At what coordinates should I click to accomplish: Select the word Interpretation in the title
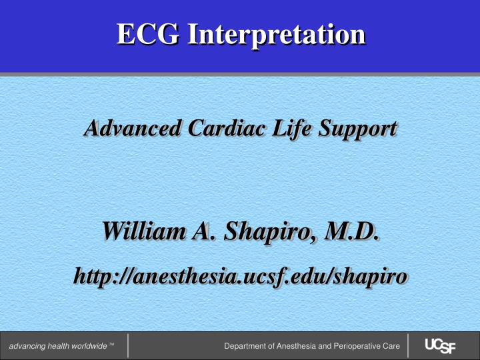[275, 35]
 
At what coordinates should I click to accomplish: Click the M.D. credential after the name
[351, 234]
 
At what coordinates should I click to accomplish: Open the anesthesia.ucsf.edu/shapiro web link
[240, 277]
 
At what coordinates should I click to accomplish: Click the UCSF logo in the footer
[440, 346]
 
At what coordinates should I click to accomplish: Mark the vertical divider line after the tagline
[127, 346]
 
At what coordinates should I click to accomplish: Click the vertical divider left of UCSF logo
[407, 346]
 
